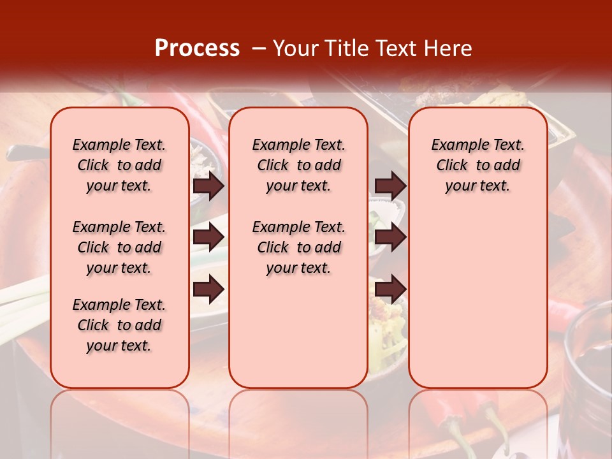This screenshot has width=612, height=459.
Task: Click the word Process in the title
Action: (x=197, y=48)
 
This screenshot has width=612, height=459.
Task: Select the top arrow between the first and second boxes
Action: (x=208, y=186)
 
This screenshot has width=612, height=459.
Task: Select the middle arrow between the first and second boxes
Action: (x=208, y=237)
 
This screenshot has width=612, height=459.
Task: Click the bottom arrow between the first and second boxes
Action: (x=208, y=289)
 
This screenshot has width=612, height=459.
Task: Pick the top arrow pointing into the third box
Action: (x=390, y=186)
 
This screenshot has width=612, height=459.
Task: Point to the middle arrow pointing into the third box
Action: (x=390, y=237)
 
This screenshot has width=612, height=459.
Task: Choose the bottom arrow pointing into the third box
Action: (x=390, y=289)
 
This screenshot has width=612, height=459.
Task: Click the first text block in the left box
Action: (x=119, y=165)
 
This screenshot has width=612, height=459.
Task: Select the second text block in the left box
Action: (x=119, y=247)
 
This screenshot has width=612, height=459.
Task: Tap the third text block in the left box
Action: (x=119, y=325)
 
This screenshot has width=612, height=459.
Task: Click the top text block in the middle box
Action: (x=298, y=165)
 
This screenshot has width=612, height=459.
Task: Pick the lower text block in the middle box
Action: (x=298, y=247)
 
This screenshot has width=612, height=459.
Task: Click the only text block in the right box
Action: (x=477, y=165)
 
